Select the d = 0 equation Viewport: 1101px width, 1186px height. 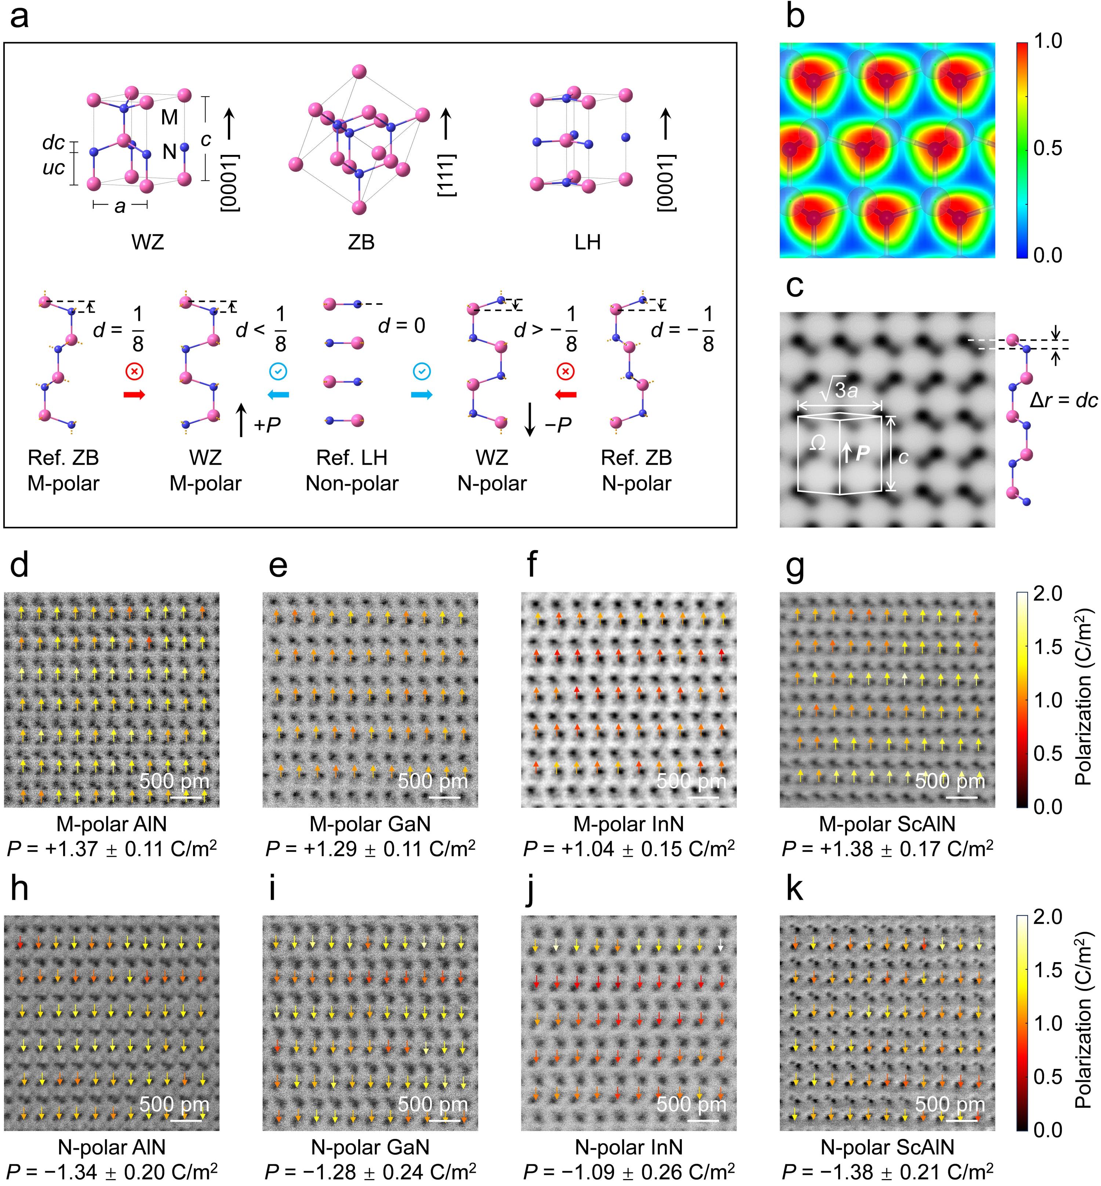[x=401, y=325]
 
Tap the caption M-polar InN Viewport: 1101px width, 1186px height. [x=629, y=824]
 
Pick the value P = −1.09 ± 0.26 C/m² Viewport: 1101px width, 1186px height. [x=629, y=1172]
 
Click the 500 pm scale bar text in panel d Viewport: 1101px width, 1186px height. [x=174, y=780]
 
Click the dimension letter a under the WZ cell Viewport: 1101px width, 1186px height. [x=120, y=206]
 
